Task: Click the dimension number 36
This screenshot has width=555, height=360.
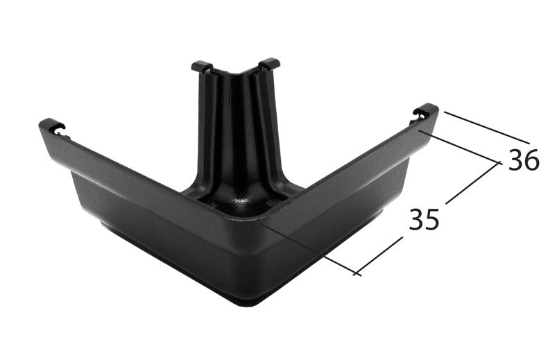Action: (x=523, y=160)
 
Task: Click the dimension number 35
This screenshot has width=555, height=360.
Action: (x=424, y=219)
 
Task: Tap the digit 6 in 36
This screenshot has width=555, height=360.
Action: (x=531, y=160)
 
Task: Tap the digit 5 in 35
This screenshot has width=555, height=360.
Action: (x=432, y=219)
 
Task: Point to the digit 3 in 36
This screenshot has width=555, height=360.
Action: (x=515, y=160)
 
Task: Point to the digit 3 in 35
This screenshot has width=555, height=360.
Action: (x=416, y=219)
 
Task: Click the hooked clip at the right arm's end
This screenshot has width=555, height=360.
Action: (x=425, y=113)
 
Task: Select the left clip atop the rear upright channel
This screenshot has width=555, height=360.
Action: (x=201, y=67)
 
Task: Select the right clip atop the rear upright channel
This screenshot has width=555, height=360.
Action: (x=269, y=64)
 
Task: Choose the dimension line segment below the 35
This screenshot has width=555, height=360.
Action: (x=379, y=256)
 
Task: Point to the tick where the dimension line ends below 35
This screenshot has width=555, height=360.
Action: (x=357, y=273)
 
